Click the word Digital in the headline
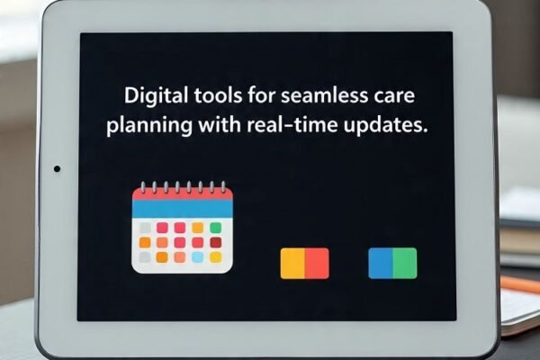tap(156, 95)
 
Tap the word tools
tap(218, 95)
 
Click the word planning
tap(149, 125)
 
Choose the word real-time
tap(292, 125)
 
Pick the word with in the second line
tap(220, 124)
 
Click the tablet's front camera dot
tap(58, 169)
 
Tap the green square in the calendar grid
tap(216, 228)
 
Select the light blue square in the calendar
tap(198, 257)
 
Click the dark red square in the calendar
tap(216, 242)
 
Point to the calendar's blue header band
tap(183, 209)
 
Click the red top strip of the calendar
tap(183, 194)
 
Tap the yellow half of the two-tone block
tap(292, 263)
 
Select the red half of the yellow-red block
tap(317, 263)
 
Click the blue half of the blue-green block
tap(381, 263)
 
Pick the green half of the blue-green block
tap(405, 263)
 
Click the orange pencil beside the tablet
tap(520, 284)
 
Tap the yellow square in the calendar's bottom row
tap(216, 257)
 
